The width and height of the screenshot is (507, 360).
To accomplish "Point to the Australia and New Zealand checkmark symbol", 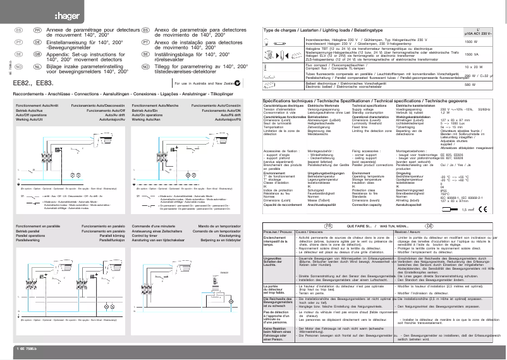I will click(240, 83).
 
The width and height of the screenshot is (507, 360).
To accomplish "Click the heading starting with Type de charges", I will click(322, 30).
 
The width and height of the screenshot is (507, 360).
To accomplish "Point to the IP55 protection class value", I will click(443, 189).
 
